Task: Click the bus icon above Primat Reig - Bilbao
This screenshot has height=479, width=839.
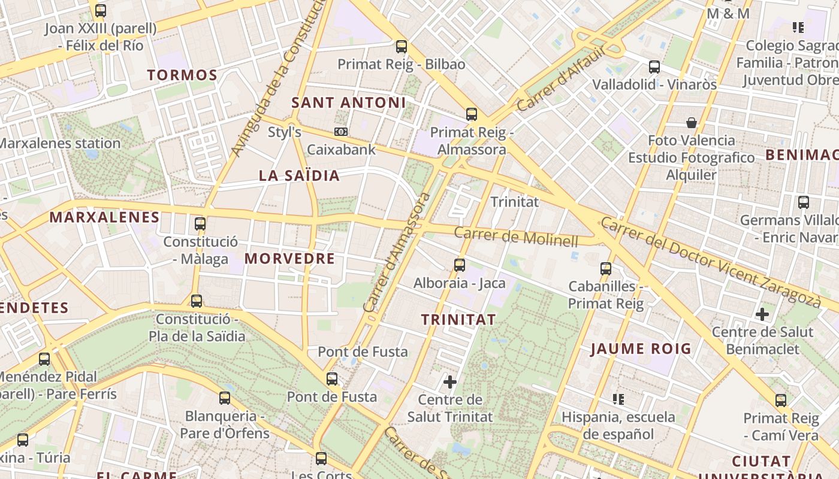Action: tap(402, 46)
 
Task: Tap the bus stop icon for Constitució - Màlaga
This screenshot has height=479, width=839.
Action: tap(200, 224)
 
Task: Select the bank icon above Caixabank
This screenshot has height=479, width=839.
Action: tap(341, 132)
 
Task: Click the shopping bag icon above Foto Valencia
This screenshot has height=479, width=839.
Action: tap(692, 123)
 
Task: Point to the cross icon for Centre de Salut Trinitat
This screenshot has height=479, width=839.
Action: tap(450, 381)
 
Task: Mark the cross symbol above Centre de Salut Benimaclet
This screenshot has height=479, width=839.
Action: tap(762, 314)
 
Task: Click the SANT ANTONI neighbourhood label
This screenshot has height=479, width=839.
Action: tap(348, 102)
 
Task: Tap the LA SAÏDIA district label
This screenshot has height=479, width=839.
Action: tap(299, 175)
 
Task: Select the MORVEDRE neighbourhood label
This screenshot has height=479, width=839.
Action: tap(289, 259)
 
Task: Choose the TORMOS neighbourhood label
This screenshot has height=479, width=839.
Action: tap(182, 75)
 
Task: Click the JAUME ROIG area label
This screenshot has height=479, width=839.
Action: tap(641, 348)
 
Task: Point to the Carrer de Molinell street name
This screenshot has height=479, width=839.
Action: tap(516, 237)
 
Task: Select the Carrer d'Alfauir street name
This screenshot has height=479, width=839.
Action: tap(561, 78)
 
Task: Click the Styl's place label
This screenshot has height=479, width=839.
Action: tap(284, 132)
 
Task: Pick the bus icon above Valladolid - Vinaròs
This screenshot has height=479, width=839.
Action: tap(654, 67)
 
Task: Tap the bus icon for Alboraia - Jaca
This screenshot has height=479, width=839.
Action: tap(460, 265)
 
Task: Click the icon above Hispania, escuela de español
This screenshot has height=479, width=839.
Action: tap(618, 399)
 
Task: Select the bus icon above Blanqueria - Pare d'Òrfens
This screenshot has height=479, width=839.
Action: tap(225, 398)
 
